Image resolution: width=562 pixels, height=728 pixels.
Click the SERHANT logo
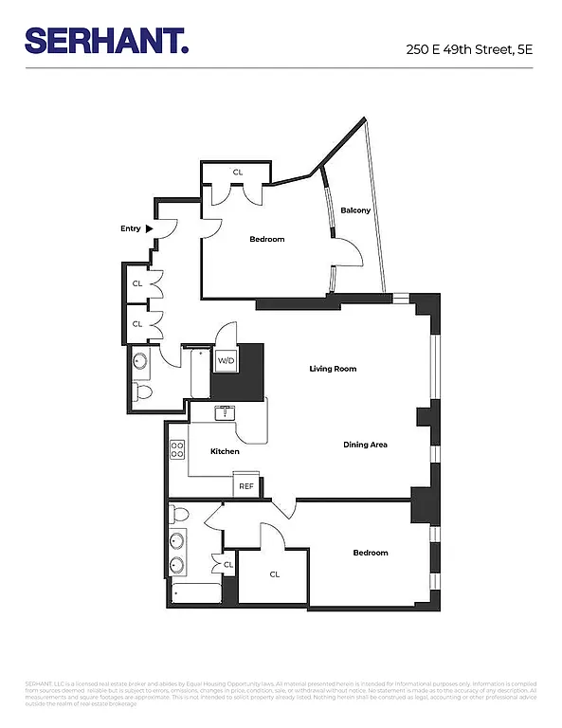[106, 41]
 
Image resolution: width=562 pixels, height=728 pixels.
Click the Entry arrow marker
[148, 228]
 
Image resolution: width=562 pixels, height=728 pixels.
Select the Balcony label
[355, 210]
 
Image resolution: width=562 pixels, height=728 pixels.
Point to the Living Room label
[333, 369]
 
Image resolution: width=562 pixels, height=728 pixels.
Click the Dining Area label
[365, 445]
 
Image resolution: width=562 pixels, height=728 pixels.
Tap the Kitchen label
[225, 451]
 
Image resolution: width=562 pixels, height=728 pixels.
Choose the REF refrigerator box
[245, 486]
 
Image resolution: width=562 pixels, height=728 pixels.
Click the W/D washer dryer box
[226, 360]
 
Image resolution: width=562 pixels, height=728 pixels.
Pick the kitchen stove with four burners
[177, 450]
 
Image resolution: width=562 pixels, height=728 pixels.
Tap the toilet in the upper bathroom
[142, 391]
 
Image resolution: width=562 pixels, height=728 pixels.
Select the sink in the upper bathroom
[140, 360]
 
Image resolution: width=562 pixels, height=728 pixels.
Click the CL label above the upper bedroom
[238, 172]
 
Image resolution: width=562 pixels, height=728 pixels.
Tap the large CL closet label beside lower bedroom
[274, 574]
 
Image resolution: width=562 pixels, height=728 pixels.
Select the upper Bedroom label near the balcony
[266, 239]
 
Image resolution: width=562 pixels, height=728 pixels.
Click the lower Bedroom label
[370, 553]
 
